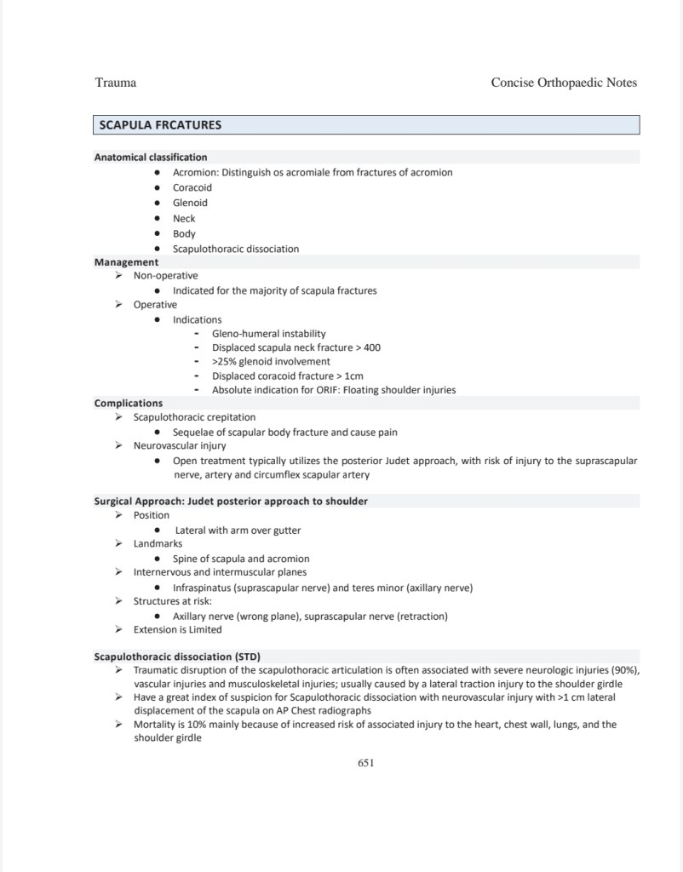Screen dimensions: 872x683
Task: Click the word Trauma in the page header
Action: [x=115, y=83]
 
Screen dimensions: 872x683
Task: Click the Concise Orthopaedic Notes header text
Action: [x=564, y=83]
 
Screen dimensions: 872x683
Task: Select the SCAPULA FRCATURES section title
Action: [x=160, y=125]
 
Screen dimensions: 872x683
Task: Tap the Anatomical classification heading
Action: [x=150, y=157]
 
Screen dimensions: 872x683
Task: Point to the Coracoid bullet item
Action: [x=192, y=187]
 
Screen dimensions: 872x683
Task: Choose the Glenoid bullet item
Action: [x=190, y=203]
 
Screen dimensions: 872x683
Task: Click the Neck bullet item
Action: [x=184, y=218]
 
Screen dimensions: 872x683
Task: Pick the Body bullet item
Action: [x=184, y=233]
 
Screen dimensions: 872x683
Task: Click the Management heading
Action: [x=126, y=262]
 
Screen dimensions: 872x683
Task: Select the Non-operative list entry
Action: [x=165, y=276]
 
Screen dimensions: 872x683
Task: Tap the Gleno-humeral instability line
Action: [x=268, y=334]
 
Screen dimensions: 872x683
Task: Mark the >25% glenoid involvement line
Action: [x=271, y=361]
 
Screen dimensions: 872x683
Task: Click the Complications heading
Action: [x=128, y=403]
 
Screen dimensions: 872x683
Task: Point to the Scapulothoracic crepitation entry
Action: [x=194, y=417]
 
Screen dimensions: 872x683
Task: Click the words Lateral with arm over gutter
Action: [x=238, y=531]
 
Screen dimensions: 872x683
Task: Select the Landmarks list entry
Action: [x=158, y=543]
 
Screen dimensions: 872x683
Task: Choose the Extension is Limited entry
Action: [x=177, y=629]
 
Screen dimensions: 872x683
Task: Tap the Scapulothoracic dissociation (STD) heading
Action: [x=176, y=657]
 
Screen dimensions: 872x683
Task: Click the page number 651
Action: [x=366, y=762]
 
